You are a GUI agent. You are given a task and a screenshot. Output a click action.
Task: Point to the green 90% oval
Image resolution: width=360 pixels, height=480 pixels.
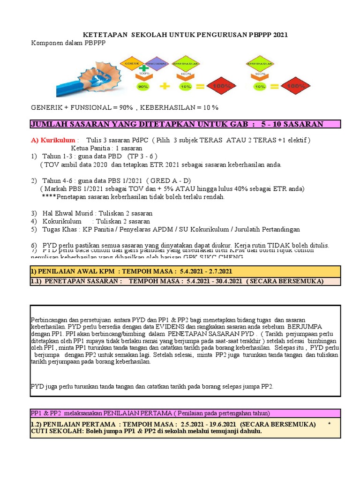[143, 86]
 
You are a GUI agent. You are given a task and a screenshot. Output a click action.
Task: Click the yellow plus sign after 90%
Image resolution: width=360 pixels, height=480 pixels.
[165, 86]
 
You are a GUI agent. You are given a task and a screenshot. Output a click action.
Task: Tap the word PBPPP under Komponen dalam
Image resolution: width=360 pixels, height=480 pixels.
[95, 43]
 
